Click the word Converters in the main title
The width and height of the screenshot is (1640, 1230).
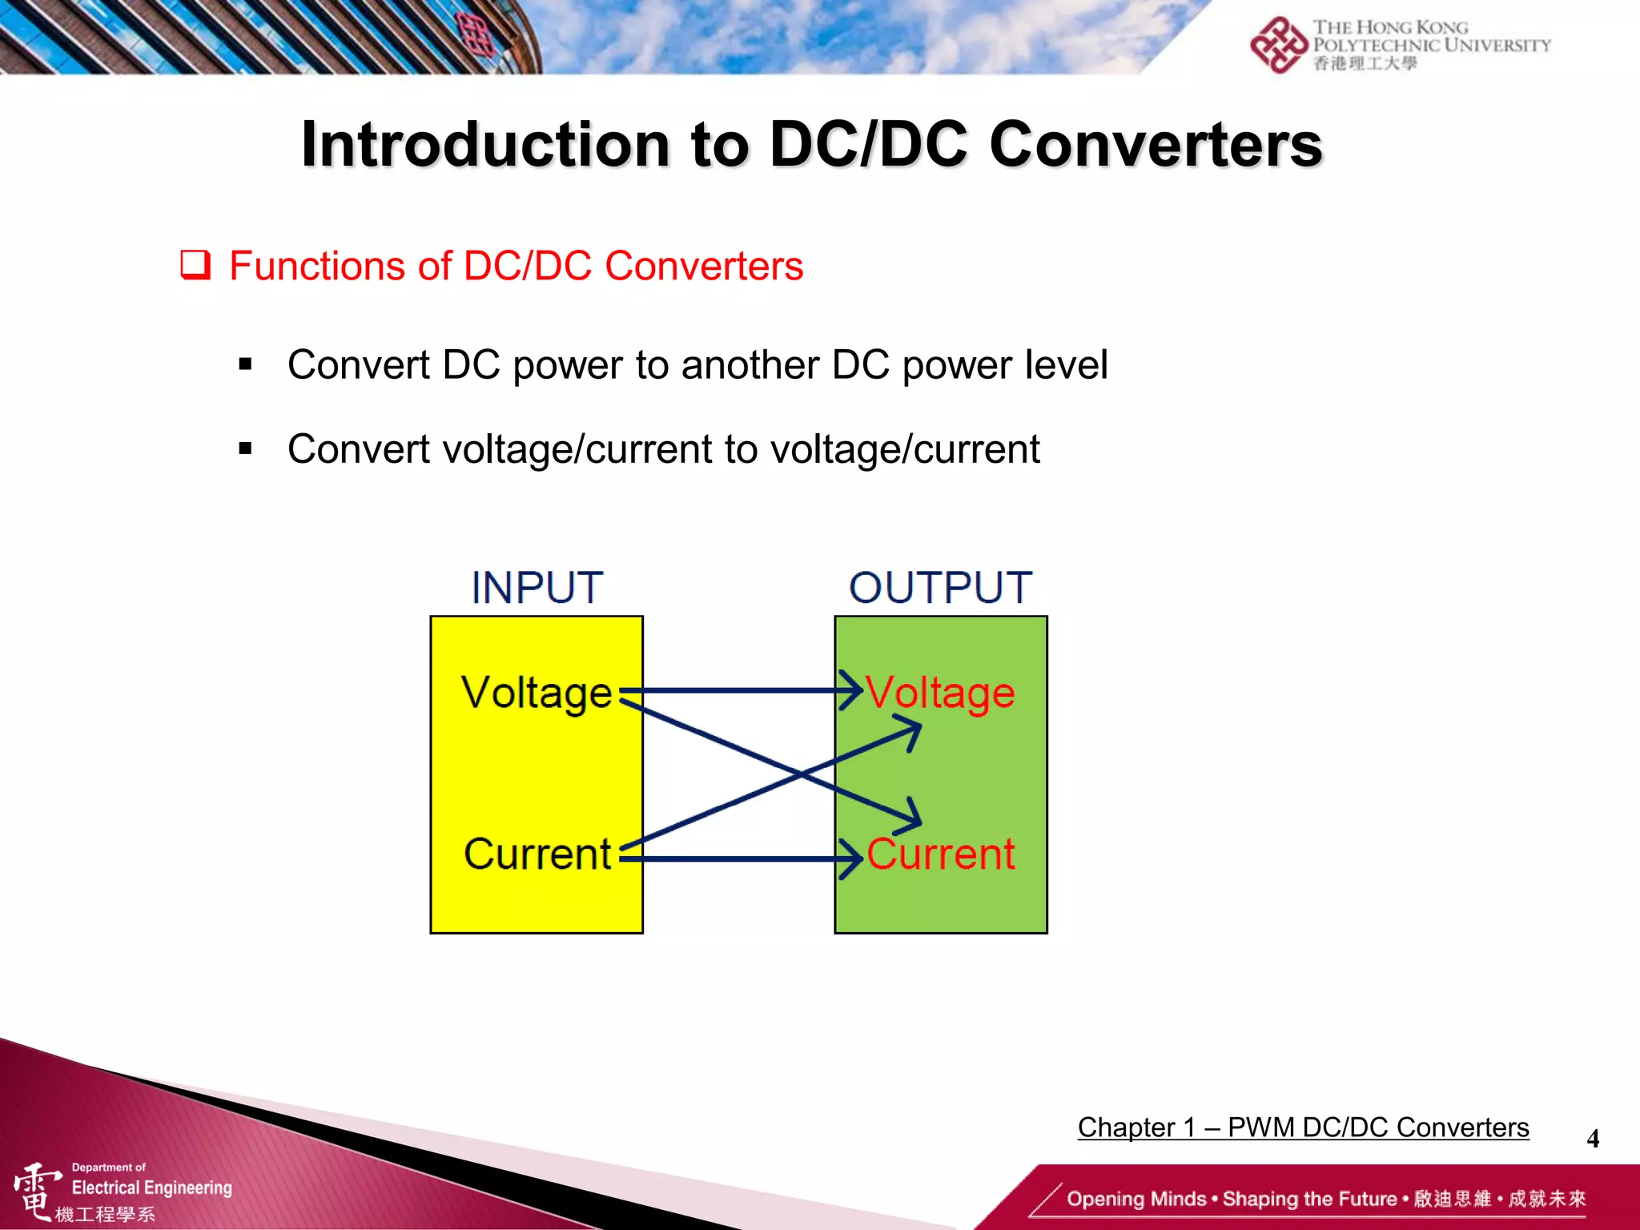point(1156,145)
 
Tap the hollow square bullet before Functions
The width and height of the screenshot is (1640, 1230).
point(195,265)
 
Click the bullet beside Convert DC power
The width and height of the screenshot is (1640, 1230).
point(245,365)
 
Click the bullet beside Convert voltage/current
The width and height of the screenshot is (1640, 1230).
point(245,448)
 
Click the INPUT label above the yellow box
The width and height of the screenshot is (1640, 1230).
point(537,588)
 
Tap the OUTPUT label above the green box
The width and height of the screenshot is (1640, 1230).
point(940,588)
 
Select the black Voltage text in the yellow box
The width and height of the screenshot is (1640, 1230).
point(537,692)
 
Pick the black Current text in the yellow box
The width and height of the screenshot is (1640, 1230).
point(537,854)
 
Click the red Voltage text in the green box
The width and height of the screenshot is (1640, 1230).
point(941,692)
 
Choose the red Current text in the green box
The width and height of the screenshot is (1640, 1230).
point(941,854)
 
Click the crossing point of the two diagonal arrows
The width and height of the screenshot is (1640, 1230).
point(801,774)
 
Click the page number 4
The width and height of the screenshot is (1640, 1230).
point(1593,1139)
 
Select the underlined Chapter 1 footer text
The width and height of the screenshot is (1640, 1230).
point(1303,1127)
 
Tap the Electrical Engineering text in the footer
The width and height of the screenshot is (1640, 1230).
point(151,1188)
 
